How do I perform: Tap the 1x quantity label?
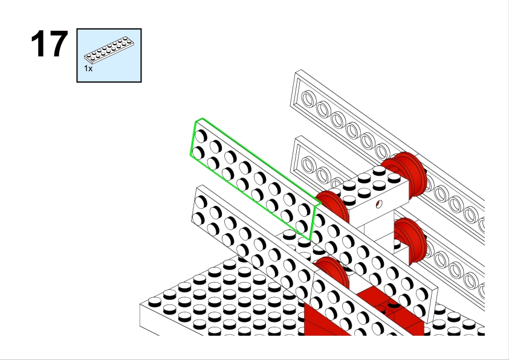[88, 69]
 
